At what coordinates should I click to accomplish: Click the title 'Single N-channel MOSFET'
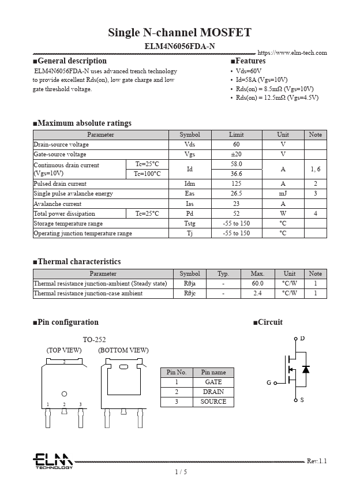[179, 32]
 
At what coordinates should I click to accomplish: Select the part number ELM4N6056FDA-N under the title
[179, 46]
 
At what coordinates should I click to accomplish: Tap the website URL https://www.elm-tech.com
[292, 53]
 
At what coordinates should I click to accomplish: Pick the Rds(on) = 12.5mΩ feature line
[276, 97]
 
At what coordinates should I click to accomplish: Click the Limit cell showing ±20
[236, 155]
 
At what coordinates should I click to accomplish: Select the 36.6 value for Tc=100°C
[236, 174]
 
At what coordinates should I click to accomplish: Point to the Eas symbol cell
[189, 194]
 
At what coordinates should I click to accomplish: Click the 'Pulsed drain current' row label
[60, 184]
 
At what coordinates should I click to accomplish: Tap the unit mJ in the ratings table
[283, 194]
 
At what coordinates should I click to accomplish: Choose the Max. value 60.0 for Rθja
[257, 284]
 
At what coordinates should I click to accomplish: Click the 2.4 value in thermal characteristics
[257, 294]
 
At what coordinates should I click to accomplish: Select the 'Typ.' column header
[223, 274]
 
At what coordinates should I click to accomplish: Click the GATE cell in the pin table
[213, 382]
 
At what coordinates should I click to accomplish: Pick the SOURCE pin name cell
[213, 402]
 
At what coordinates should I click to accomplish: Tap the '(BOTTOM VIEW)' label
[123, 350]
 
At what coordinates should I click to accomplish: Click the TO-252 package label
[94, 340]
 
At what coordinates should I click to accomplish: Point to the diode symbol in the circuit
[306, 369]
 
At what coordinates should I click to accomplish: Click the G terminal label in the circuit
[269, 382]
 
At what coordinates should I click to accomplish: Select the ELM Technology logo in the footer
[52, 462]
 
